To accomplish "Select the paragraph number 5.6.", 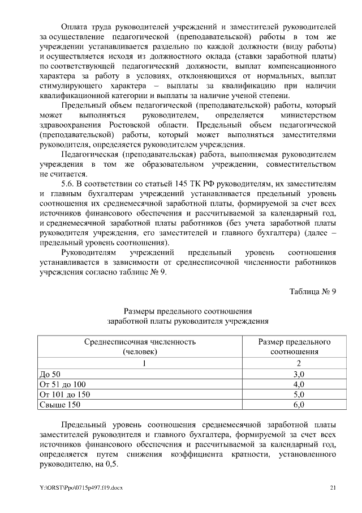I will click(x=67, y=184).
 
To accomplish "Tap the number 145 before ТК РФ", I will click(x=185, y=184).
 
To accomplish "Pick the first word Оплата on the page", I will click(x=75, y=26).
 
